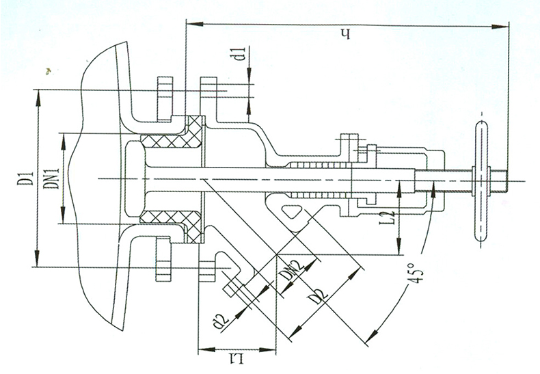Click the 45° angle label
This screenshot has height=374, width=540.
415,273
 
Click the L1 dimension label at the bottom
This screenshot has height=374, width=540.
237,359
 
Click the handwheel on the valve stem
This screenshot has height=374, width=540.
478,181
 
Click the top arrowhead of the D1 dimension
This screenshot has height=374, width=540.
38,98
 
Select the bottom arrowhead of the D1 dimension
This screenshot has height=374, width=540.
38,258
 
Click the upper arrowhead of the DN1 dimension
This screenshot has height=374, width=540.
63,142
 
